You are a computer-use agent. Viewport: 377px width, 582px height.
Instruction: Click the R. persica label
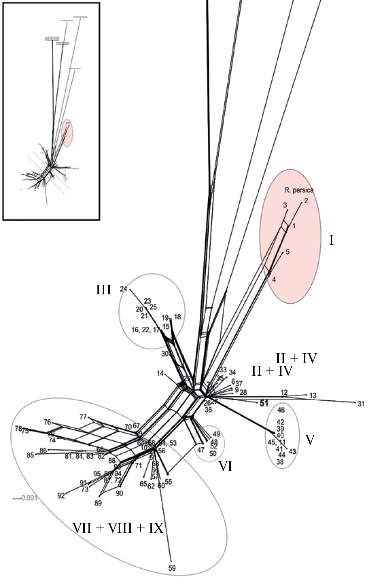tap(299, 190)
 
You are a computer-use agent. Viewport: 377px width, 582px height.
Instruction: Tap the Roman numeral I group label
tap(331, 240)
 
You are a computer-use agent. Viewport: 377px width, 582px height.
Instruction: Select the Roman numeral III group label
tap(103, 290)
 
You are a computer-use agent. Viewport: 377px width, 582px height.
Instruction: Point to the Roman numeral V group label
tap(310, 440)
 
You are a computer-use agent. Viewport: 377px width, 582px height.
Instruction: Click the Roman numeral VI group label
tap(225, 466)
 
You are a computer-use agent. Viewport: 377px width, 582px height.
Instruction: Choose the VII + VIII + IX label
tap(118, 528)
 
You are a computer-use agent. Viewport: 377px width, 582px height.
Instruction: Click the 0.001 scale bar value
tap(29, 498)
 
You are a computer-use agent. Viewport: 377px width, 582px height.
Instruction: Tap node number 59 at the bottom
tap(172, 568)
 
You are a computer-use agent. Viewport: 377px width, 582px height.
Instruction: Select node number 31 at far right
tap(361, 404)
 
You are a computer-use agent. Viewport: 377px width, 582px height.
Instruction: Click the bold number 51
tap(264, 403)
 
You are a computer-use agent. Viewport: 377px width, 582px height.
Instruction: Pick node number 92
tap(61, 495)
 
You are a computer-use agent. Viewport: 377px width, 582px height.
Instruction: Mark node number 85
tap(30, 455)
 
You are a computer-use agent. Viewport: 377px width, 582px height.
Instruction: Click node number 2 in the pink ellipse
tap(306, 201)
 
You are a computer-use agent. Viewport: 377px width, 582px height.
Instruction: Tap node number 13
tap(313, 395)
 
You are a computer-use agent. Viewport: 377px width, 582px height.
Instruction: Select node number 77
tap(83, 417)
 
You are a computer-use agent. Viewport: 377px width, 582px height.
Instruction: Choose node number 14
tap(160, 373)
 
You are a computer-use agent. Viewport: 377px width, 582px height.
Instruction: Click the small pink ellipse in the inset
tap(67, 133)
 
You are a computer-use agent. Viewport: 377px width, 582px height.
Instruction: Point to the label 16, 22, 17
tap(145, 330)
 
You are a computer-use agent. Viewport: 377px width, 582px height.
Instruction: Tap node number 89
tap(98, 503)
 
